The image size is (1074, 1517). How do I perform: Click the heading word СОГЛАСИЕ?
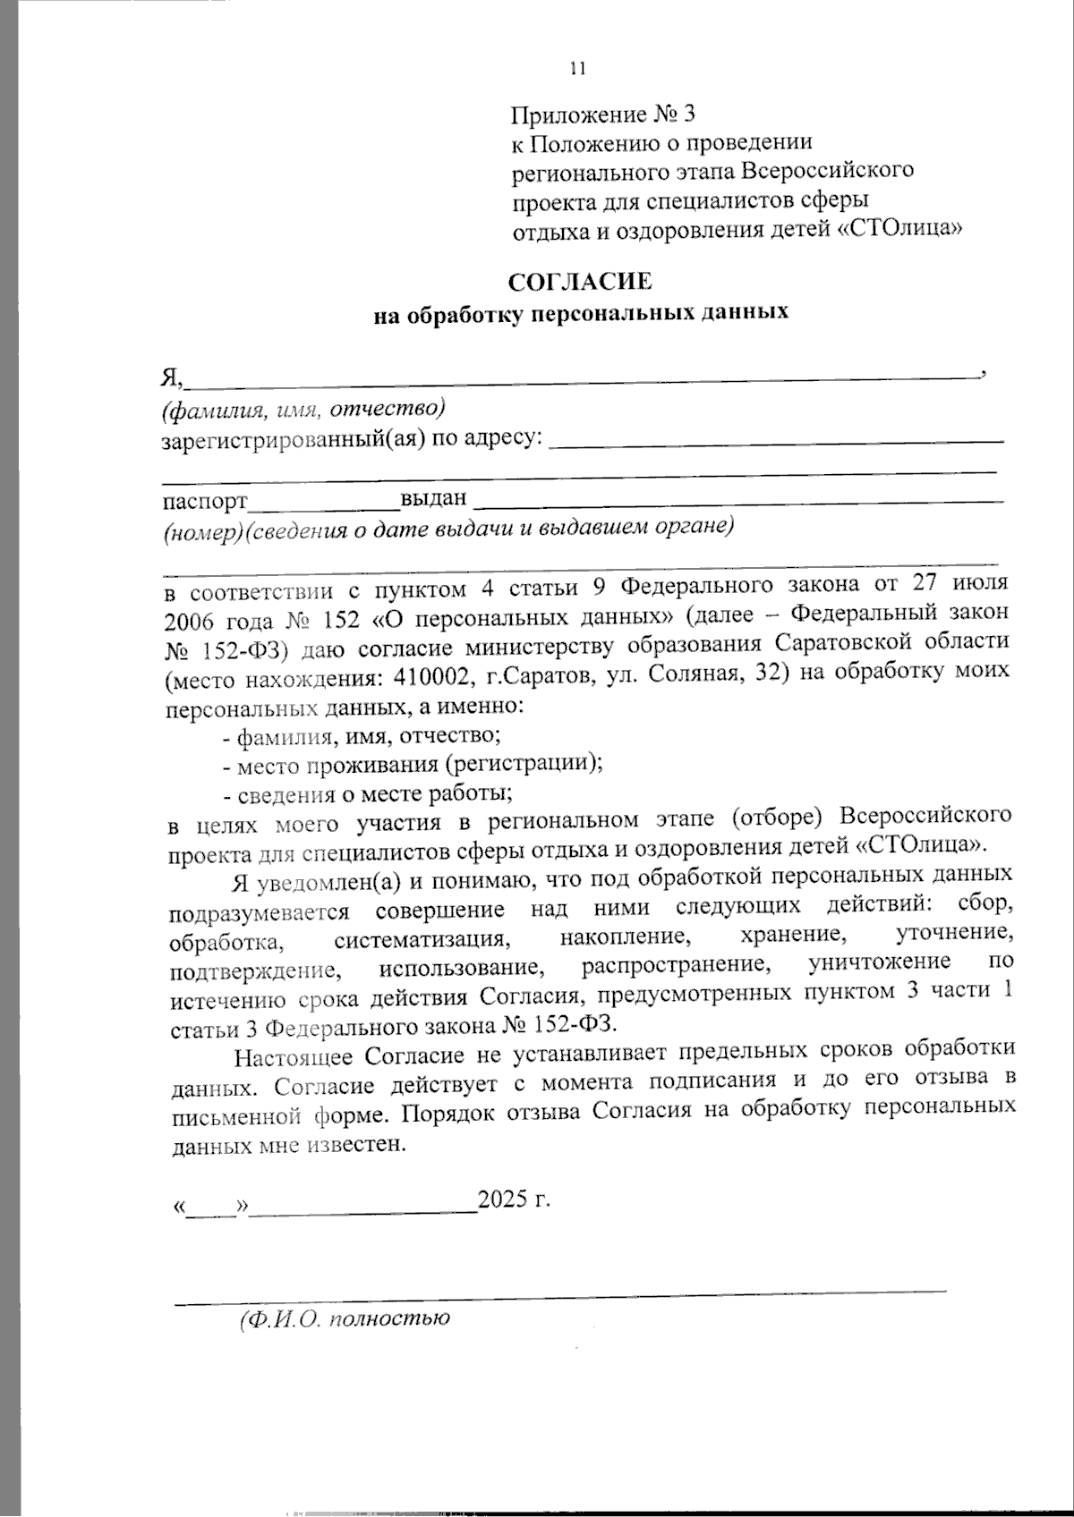581,283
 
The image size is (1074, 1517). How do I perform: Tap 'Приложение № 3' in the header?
602,114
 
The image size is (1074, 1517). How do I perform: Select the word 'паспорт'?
204,500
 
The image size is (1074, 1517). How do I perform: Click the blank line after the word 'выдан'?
737,498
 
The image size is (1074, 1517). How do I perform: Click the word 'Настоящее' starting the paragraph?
294,1056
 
